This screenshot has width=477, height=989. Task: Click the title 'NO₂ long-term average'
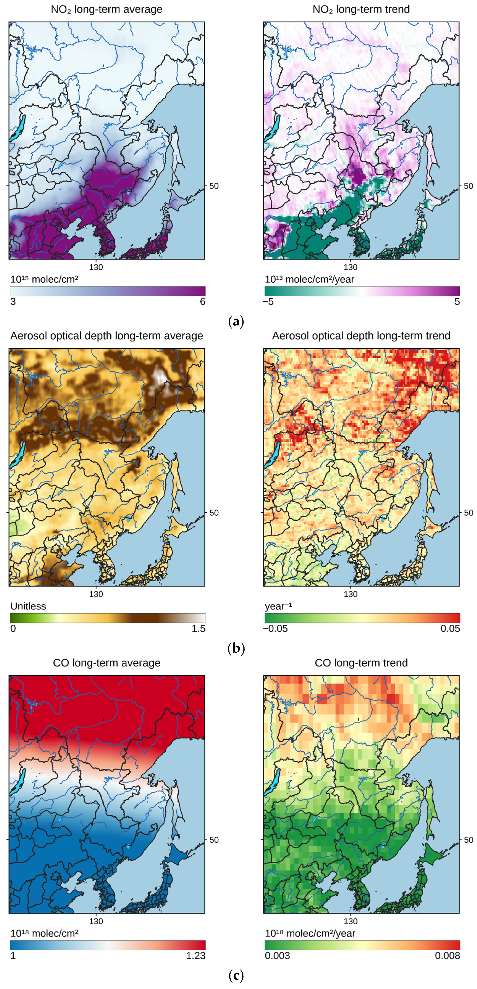point(106,9)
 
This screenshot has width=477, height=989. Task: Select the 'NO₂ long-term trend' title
point(361,9)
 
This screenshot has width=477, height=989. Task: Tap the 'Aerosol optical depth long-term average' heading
point(106,336)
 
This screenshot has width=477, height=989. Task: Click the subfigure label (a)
point(236,321)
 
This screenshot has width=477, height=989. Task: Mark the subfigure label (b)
point(236,648)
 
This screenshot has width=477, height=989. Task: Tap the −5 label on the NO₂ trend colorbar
point(268,302)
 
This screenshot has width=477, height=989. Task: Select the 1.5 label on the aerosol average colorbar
point(198,628)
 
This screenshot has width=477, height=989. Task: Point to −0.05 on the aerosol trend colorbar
point(275,628)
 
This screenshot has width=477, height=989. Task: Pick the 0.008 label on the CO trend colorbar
point(447,956)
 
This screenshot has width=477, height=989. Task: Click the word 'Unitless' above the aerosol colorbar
point(28,606)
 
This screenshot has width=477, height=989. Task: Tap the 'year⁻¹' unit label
point(278,606)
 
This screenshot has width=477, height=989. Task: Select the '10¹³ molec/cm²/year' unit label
point(309,279)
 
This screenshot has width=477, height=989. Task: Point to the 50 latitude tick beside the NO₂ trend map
point(468,186)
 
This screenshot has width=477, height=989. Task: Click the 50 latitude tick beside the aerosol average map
point(214,513)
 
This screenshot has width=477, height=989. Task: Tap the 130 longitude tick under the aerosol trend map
point(351,594)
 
